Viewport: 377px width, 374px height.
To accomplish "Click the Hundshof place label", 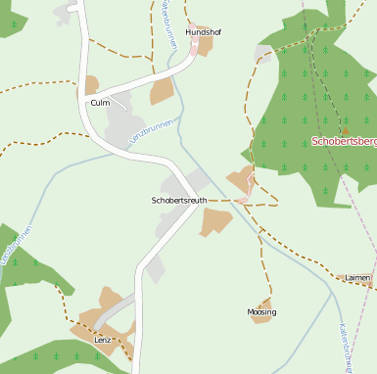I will click(204, 32).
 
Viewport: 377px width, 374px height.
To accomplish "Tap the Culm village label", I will click(100, 102).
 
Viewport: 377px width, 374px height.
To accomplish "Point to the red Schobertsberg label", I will click(344, 141).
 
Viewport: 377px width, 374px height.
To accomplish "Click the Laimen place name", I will click(357, 278).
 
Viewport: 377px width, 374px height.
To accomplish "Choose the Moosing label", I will click(262, 311).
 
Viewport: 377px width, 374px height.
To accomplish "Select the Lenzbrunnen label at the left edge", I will click(17, 245).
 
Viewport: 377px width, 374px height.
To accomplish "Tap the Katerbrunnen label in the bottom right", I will click(346, 348).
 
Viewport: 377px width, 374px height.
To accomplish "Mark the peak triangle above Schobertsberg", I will click(345, 129).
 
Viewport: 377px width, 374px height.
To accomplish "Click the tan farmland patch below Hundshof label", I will click(163, 92).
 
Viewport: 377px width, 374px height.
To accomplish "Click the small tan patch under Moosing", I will click(261, 317).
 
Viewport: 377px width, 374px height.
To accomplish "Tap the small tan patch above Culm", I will click(92, 85).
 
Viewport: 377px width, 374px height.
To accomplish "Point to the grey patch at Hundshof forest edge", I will click(263, 53).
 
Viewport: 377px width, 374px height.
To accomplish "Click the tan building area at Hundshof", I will click(204, 44).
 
